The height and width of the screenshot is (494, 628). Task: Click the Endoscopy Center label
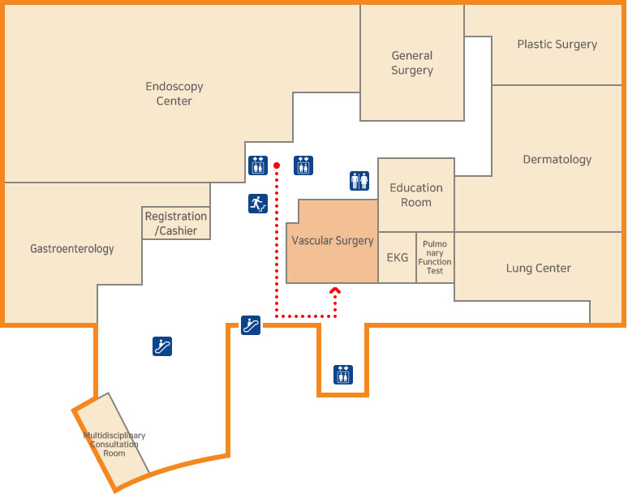174,93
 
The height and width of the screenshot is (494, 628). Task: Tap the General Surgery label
412,63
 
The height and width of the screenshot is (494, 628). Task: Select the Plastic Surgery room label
557,45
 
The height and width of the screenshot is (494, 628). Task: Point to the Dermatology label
557,160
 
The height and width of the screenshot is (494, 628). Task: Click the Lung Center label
538,268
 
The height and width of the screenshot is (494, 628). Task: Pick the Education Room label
416,195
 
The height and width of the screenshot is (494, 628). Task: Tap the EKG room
398,258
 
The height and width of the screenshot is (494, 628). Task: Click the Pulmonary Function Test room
435,257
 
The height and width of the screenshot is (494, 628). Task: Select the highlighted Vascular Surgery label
333,241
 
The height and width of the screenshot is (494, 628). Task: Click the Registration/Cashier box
176,223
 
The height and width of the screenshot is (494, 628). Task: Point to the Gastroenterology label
72,249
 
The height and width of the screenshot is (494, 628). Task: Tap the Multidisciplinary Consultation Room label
114,444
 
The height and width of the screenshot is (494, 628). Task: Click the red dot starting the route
277,165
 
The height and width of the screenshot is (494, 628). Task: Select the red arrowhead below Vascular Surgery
335,290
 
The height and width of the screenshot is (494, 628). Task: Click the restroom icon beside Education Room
359,181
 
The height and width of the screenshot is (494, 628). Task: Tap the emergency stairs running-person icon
258,204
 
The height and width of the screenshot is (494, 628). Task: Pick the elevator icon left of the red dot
258,165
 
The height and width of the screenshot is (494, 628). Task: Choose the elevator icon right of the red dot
303,165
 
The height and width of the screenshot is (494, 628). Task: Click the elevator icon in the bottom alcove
343,375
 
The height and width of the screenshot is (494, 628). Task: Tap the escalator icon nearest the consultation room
162,346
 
